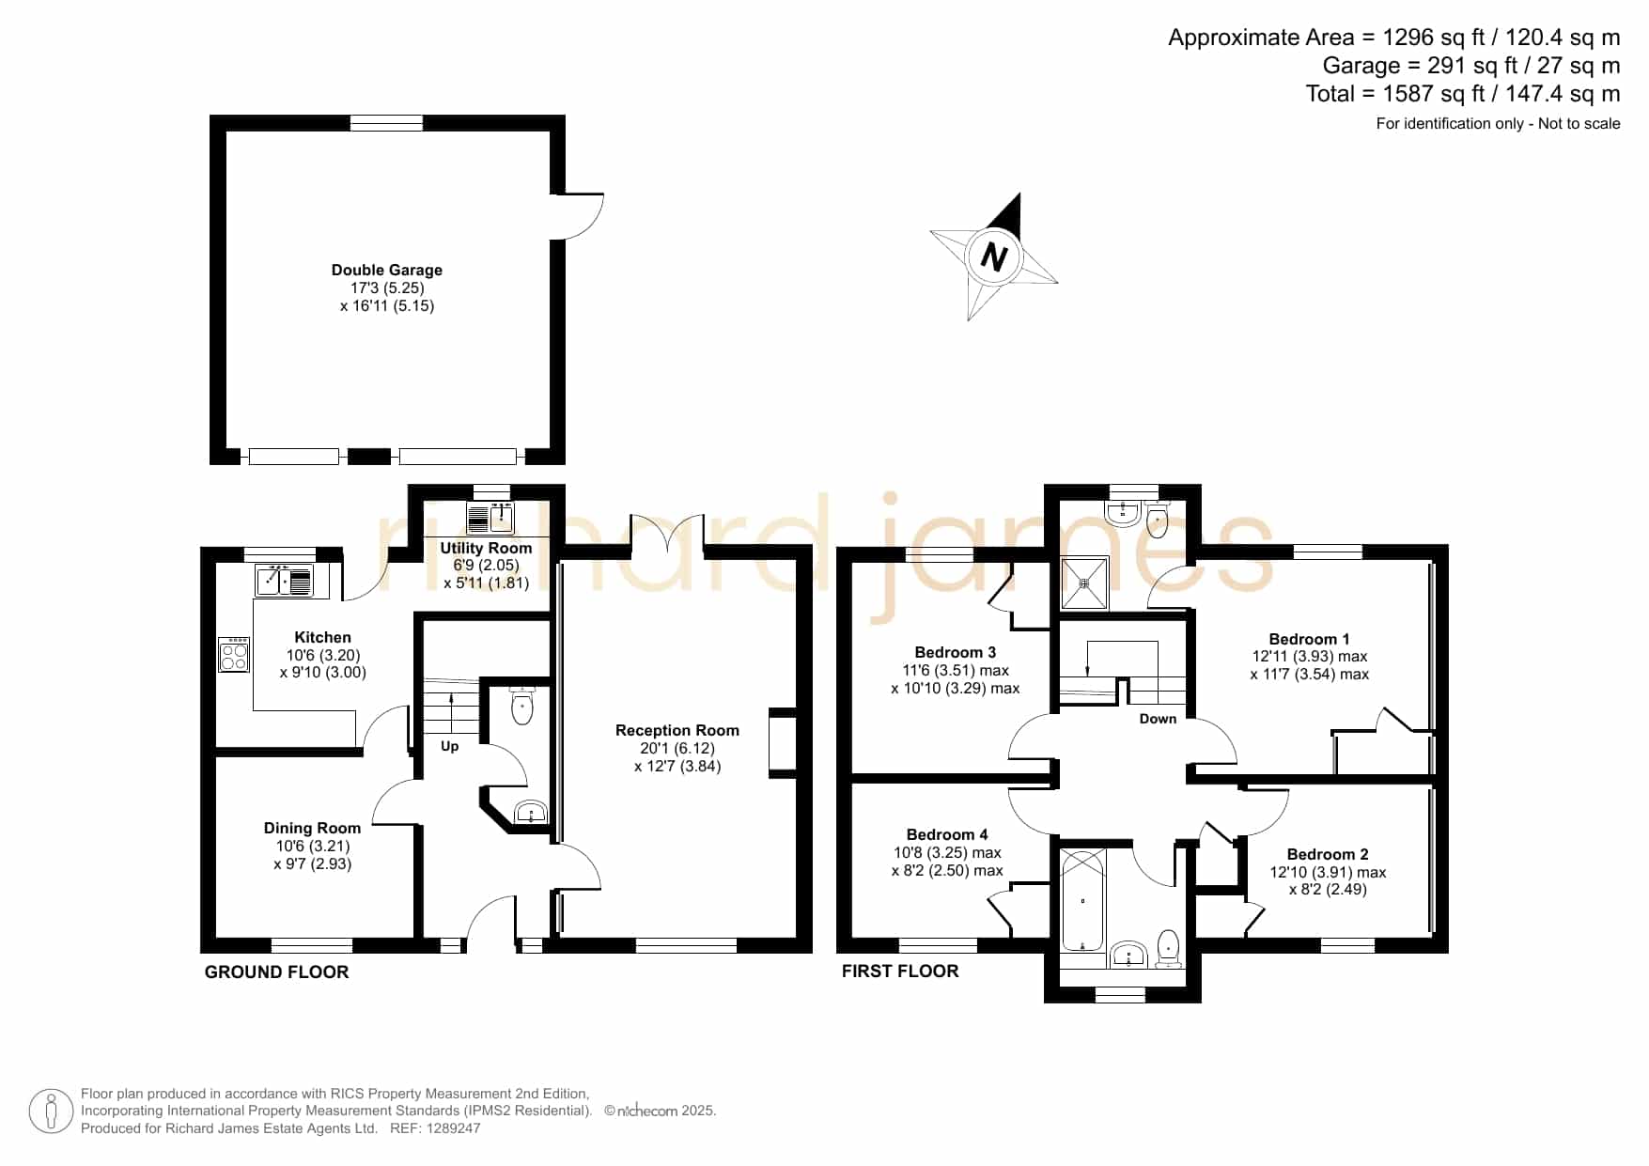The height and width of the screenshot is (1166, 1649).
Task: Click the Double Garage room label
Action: click(x=386, y=270)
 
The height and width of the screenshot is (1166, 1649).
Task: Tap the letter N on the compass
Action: click(x=993, y=256)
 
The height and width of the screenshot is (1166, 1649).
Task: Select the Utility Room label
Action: click(x=486, y=548)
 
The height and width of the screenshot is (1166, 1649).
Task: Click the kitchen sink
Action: click(x=284, y=581)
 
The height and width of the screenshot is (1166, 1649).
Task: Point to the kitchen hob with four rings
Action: click(x=235, y=654)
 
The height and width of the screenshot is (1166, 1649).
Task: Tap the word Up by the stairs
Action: click(x=450, y=746)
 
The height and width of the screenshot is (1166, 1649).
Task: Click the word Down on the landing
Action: click(x=1158, y=719)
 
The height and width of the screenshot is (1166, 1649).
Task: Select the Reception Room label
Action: click(x=677, y=730)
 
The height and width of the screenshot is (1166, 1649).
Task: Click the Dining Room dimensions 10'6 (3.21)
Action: click(x=312, y=846)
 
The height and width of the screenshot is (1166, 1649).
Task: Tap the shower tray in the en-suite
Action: click(x=1084, y=583)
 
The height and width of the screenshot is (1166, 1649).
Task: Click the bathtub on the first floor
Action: click(x=1083, y=901)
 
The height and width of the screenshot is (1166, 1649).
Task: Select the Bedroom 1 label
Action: click(x=1309, y=639)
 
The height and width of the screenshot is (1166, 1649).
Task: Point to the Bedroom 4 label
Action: click(x=947, y=834)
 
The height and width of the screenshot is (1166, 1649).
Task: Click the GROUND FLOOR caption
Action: click(x=276, y=972)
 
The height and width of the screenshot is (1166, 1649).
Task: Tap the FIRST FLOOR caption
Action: click(x=900, y=972)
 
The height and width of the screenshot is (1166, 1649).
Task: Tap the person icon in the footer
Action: click(x=51, y=1112)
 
